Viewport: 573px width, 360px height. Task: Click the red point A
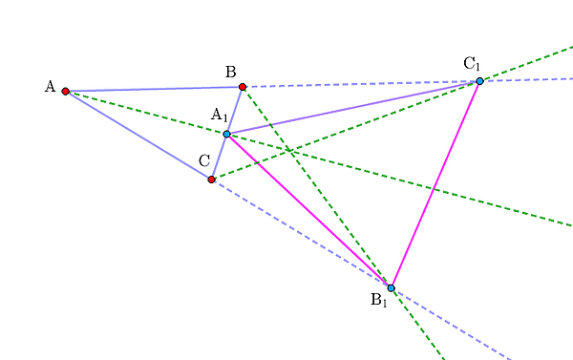65,91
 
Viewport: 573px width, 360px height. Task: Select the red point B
243,87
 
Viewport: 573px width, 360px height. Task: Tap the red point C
211,180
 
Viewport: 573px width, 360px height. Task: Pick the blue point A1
227,134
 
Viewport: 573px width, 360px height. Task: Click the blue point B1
391,288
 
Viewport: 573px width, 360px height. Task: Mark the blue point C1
479,81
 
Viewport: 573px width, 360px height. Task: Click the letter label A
50,87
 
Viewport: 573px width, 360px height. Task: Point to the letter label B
230,72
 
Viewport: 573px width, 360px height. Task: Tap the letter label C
204,160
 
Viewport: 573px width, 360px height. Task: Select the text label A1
220,116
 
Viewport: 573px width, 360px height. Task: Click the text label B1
378,300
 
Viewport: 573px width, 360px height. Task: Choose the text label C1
472,64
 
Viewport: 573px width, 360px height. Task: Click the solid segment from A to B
154,89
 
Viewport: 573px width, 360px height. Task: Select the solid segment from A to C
138,136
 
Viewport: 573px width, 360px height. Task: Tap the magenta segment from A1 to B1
308,211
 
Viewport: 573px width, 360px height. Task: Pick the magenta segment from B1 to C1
435,184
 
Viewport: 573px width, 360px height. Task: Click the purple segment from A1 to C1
353,108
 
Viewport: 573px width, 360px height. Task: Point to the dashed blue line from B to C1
361,84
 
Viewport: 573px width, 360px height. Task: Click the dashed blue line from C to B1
301,234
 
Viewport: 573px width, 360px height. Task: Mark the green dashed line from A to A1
146,113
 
